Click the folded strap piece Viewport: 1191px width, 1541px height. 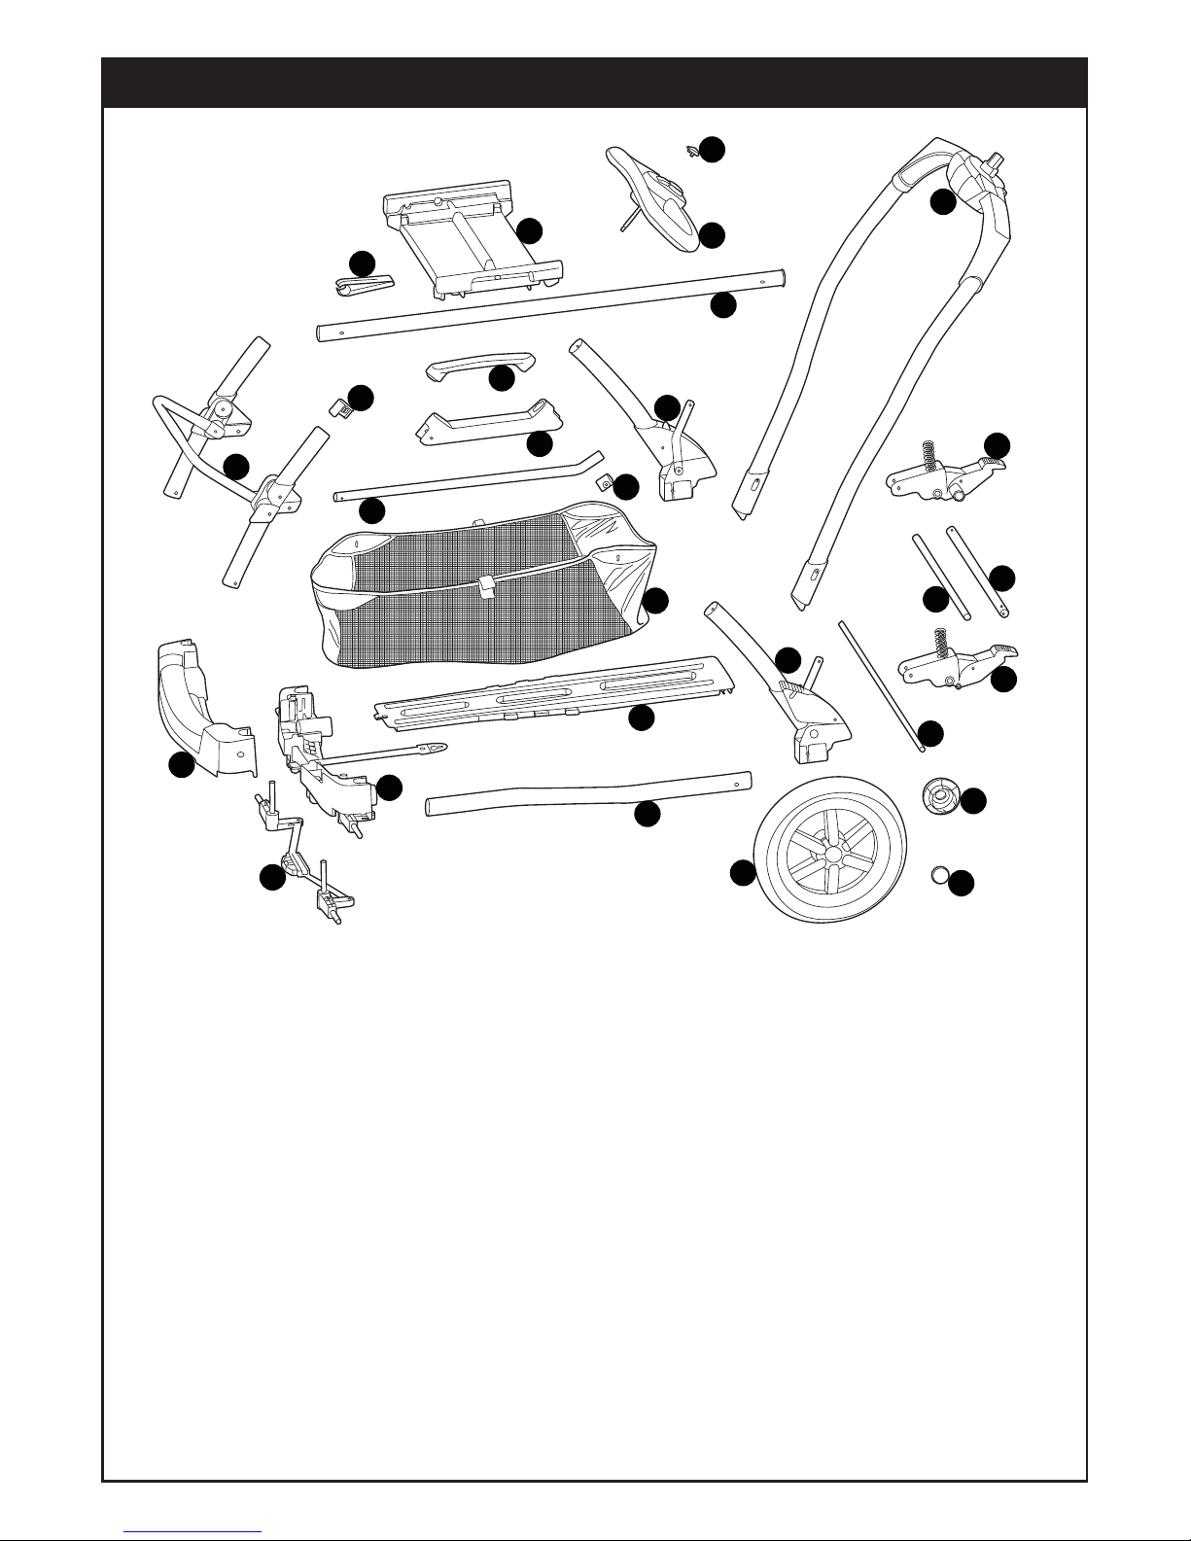click(364, 284)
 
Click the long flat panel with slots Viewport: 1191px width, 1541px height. click(554, 700)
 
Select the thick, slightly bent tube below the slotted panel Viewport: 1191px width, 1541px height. click(588, 792)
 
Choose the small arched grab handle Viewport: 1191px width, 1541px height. click(480, 368)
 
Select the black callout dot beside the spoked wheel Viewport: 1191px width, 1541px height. click(743, 873)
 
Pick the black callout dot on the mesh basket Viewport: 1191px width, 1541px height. click(655, 601)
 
